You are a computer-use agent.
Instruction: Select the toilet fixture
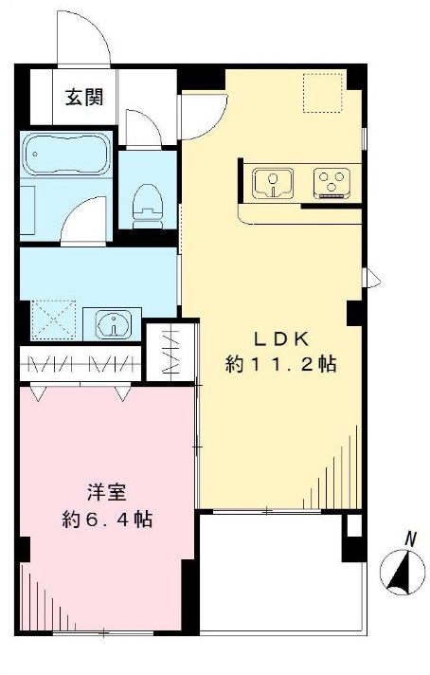pyautogui.click(x=147, y=201)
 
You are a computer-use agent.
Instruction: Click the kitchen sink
pyautogui.click(x=275, y=181)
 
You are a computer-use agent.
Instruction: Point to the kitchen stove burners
pyautogui.click(x=331, y=181)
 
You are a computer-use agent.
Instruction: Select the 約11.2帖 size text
pyautogui.click(x=281, y=363)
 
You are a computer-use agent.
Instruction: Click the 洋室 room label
pyautogui.click(x=103, y=493)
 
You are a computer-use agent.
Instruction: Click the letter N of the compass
pyautogui.click(x=410, y=538)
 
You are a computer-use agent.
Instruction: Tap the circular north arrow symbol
pyautogui.click(x=403, y=573)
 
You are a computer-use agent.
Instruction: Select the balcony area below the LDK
pyautogui.click(x=275, y=569)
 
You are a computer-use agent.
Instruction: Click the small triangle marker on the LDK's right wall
pyautogui.click(x=373, y=278)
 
